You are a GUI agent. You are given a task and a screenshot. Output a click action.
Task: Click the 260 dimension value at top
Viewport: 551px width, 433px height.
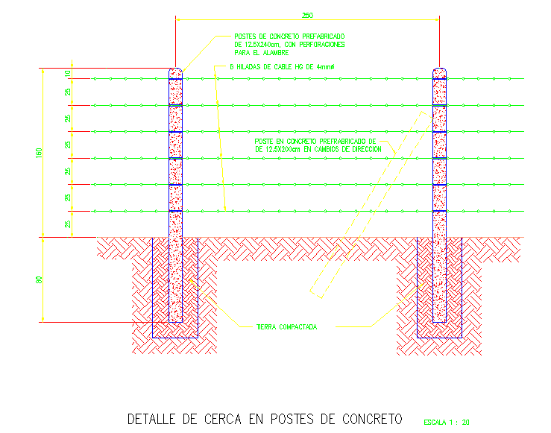(x=307, y=15)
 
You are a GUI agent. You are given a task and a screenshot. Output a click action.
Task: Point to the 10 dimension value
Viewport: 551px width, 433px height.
(x=67, y=74)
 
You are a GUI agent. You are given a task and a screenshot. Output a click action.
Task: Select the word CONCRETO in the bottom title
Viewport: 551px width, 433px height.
(x=370, y=419)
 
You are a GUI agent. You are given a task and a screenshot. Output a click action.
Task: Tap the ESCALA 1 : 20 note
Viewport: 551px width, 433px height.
(x=447, y=423)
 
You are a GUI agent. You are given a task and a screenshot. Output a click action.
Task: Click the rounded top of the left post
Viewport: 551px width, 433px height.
(x=176, y=72)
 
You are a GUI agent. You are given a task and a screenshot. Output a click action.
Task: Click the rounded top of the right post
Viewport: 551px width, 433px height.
(x=440, y=72)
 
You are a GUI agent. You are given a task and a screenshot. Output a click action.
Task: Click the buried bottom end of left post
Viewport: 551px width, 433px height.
(x=176, y=317)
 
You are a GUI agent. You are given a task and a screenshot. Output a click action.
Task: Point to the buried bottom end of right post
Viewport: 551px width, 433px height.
(x=440, y=317)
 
